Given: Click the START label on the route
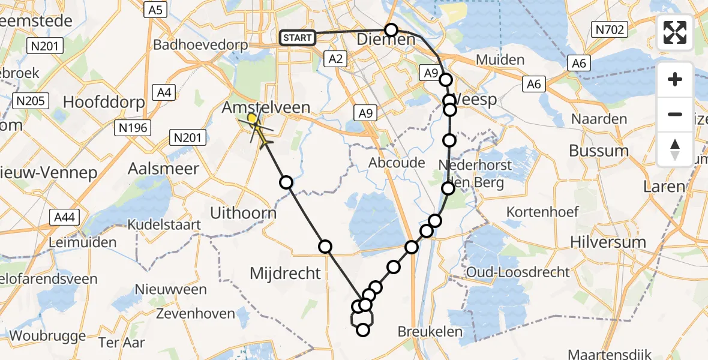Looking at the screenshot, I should click(x=297, y=38).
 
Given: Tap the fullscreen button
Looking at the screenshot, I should click(x=675, y=32).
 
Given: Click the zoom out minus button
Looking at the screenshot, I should click(x=675, y=114).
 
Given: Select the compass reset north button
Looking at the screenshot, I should click(x=675, y=149).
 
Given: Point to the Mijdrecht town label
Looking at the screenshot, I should click(x=285, y=274).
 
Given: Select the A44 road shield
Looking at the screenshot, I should click(x=64, y=217).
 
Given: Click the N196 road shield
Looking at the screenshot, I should click(x=134, y=127).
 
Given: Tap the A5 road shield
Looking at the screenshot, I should click(x=155, y=10).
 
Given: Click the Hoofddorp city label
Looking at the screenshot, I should click(x=104, y=102).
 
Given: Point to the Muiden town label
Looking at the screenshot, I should click(x=500, y=60).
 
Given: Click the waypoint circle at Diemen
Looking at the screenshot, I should click(x=391, y=30).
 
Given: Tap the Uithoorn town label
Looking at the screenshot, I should click(x=243, y=214).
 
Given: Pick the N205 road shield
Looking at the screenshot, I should click(x=31, y=101).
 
